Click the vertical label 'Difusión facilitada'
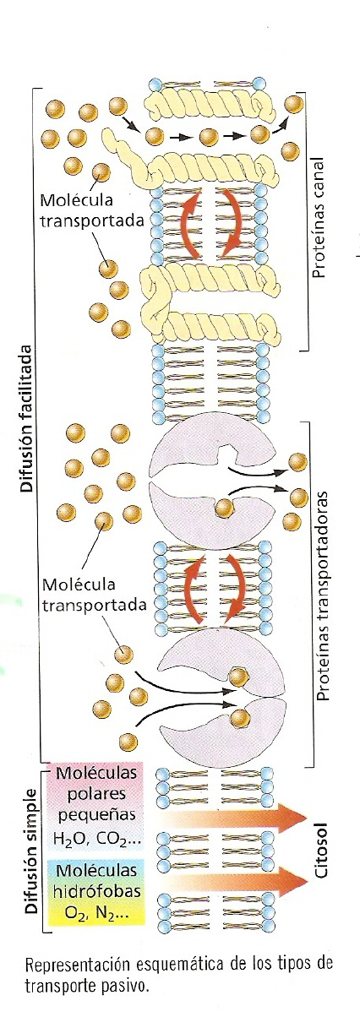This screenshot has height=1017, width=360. point(26,419)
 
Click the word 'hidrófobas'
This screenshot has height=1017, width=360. point(97,891)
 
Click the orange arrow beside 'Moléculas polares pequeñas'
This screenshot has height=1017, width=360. point(234,818)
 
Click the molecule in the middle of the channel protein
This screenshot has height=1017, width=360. point(209,137)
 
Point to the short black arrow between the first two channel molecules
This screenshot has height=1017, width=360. point(180,136)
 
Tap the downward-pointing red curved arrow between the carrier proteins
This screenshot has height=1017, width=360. point(234,586)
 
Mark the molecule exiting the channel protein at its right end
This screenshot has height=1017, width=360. point(259,134)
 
